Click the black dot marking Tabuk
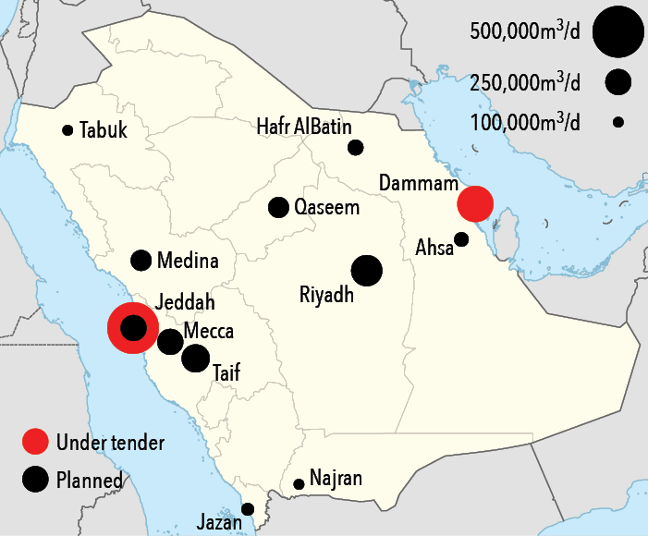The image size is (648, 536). click(x=67, y=130)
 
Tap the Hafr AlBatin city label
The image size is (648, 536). click(x=304, y=127)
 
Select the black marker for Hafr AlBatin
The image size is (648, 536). click(x=356, y=147)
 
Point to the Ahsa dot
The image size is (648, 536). click(x=461, y=239)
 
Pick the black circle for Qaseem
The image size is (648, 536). click(x=278, y=207)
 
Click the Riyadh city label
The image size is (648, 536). click(x=327, y=296)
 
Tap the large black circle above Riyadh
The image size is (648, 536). click(x=367, y=271)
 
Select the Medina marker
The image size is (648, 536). click(x=141, y=261)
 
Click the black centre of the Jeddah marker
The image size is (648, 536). click(x=134, y=327)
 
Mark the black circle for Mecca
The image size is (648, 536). click(x=170, y=342)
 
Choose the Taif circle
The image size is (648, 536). click(x=195, y=358)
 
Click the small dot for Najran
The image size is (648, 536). click(x=299, y=484)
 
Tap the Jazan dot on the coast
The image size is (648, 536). click(x=248, y=508)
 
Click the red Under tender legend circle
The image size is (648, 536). click(x=35, y=443)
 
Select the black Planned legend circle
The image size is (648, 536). click(x=35, y=479)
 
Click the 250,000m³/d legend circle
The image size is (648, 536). click(x=618, y=81)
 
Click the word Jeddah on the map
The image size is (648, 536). click(x=186, y=302)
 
